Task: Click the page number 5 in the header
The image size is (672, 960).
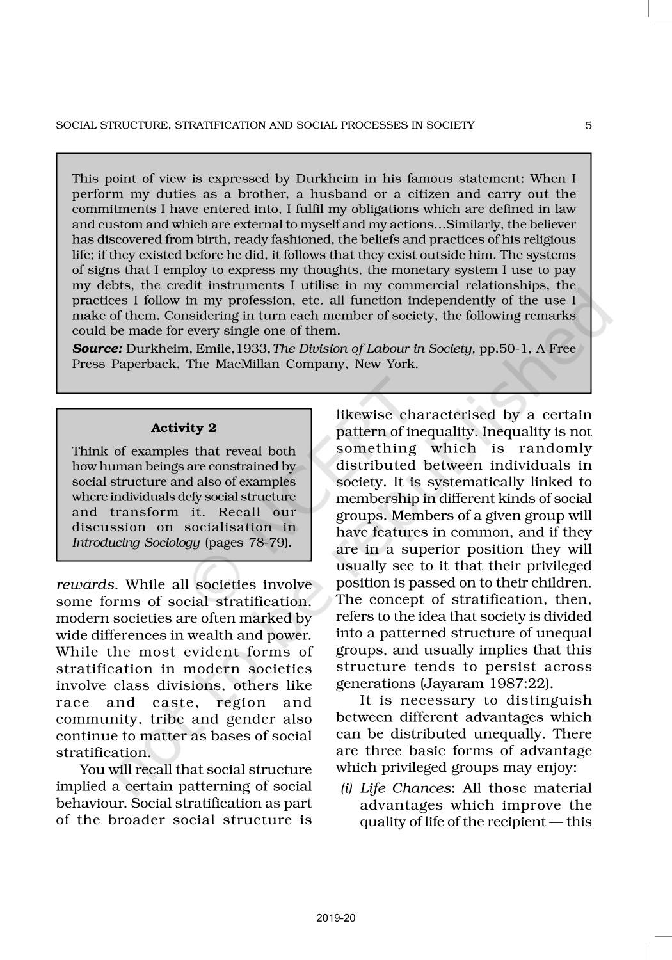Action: coord(588,125)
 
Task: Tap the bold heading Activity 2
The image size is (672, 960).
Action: coord(184,428)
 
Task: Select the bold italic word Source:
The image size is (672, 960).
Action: coord(97,349)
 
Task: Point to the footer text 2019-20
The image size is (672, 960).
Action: coord(336,918)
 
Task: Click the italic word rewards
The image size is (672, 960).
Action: coord(87,585)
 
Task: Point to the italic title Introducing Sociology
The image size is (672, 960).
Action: coord(136,543)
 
